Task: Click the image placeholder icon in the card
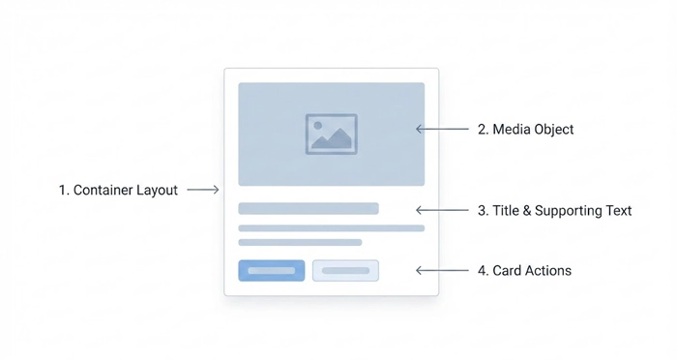[x=331, y=134]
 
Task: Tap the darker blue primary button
[x=272, y=271]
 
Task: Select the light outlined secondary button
[x=345, y=271]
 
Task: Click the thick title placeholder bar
[x=309, y=208]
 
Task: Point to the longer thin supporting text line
[x=331, y=228]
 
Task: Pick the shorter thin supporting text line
[x=300, y=242]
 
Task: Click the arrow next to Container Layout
[x=203, y=191]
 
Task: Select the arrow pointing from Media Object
[x=441, y=129]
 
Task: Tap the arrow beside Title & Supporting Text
[x=441, y=210]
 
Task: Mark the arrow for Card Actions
[x=441, y=271]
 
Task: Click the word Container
[x=103, y=191]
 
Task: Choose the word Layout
[x=157, y=191]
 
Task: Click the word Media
[x=512, y=130]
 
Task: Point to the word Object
[x=554, y=130]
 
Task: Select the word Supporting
[x=568, y=211]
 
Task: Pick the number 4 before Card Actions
[x=482, y=271]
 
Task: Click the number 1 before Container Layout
[x=62, y=191]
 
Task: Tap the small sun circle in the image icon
[x=318, y=126]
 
